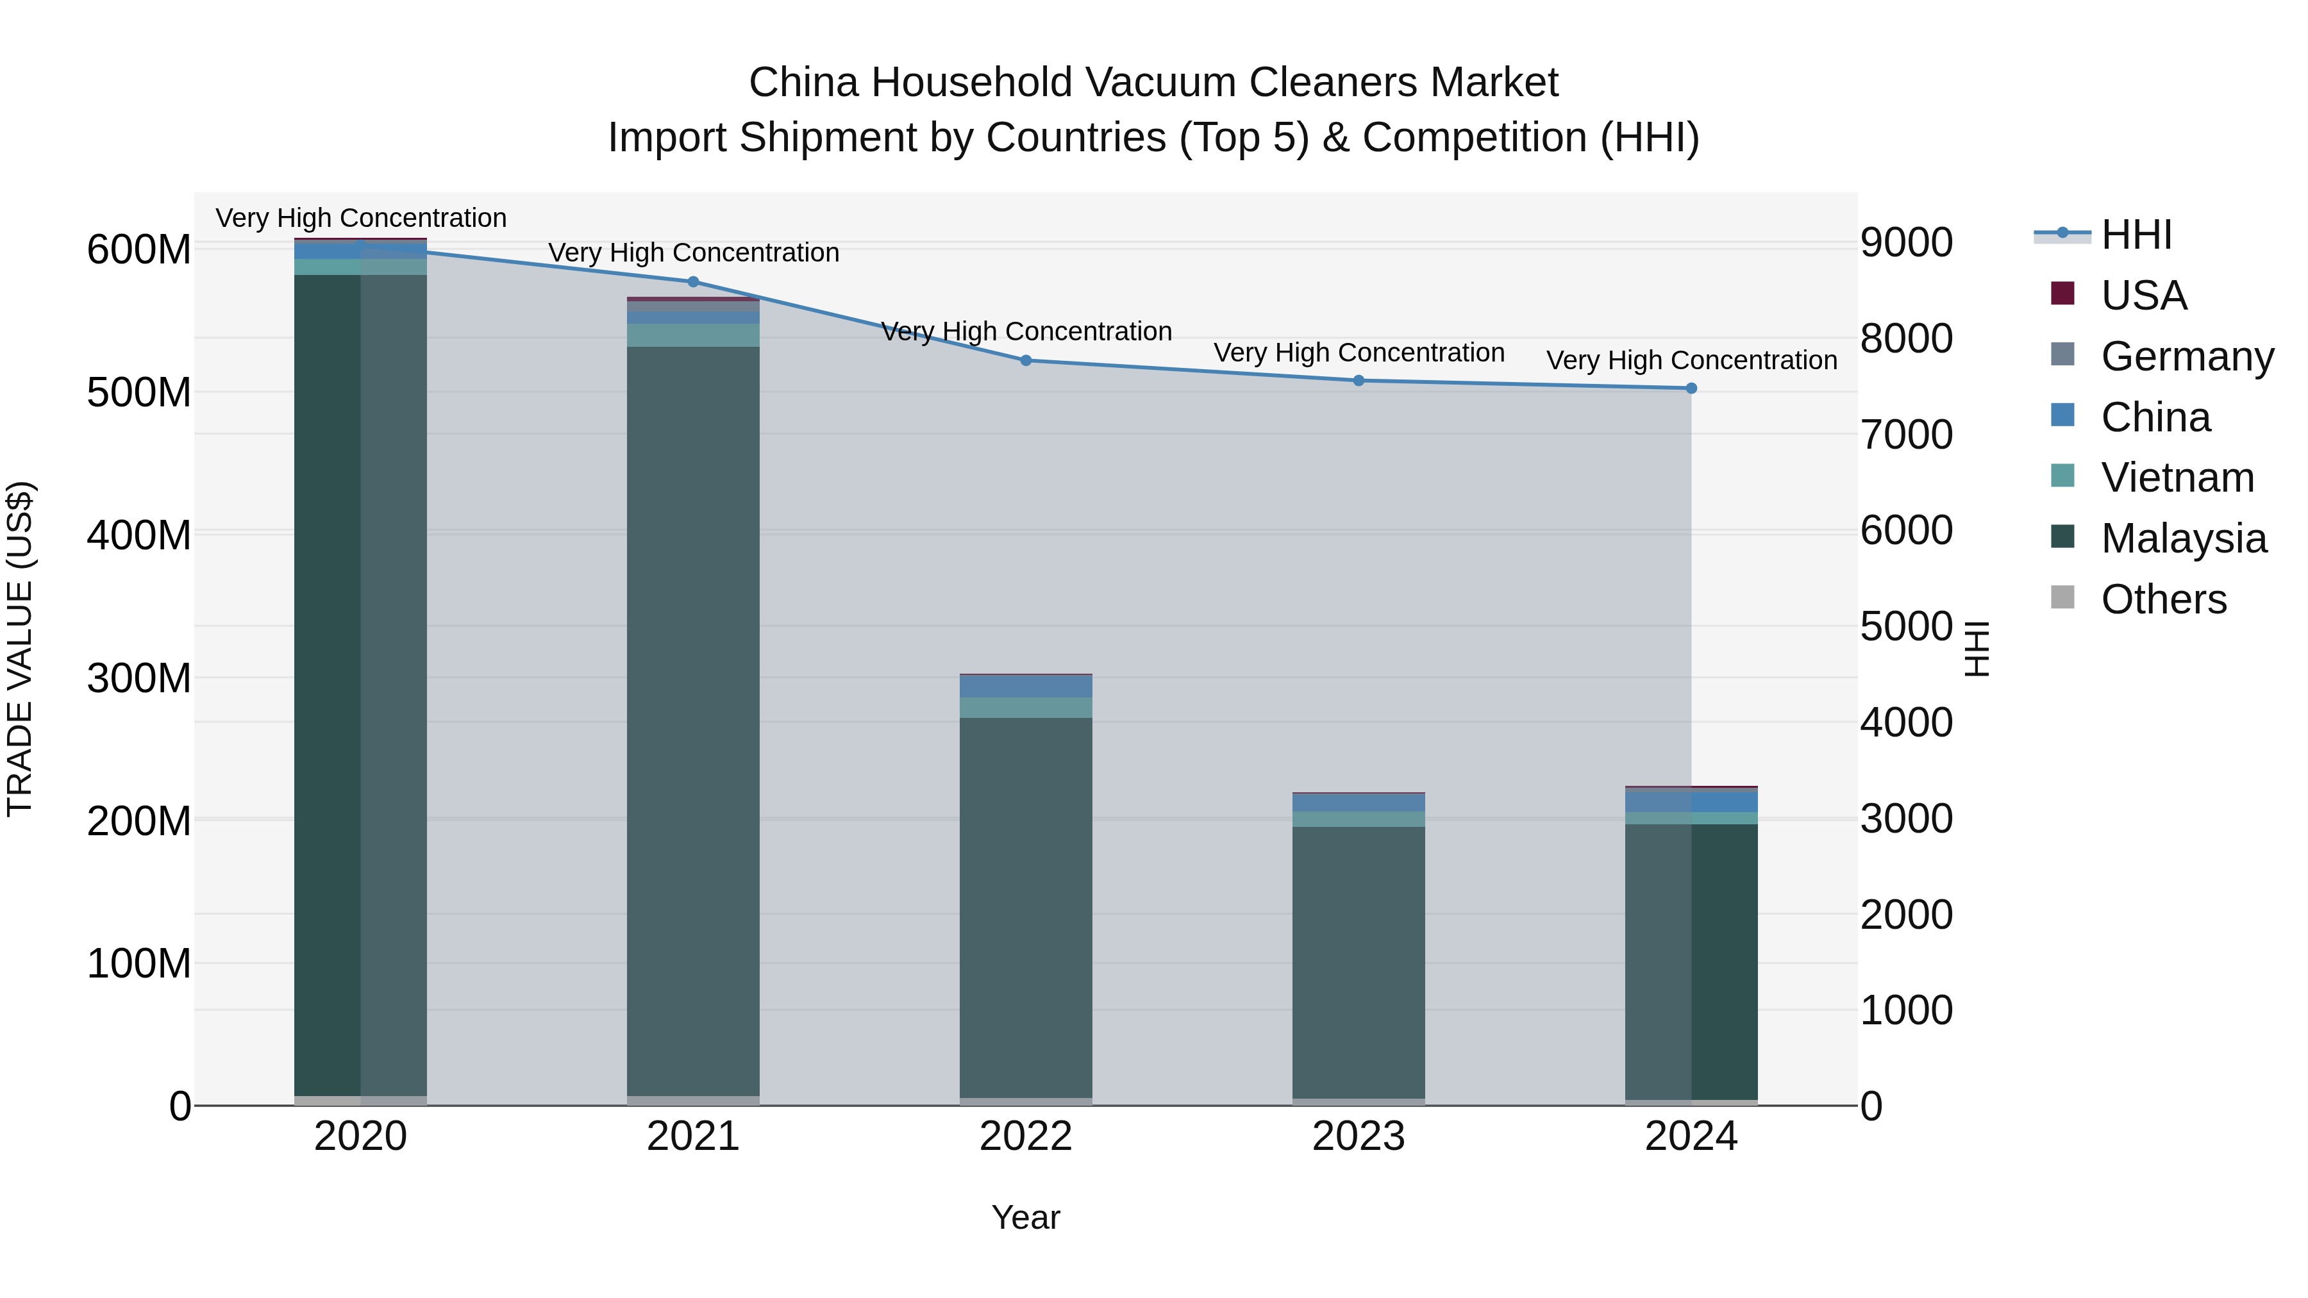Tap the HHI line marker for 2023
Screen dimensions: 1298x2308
tap(1359, 381)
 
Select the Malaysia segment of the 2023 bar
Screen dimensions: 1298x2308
tap(1359, 958)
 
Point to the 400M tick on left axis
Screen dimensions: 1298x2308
tap(139, 536)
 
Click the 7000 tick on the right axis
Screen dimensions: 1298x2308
tap(1906, 435)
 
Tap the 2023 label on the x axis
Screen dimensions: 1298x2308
tap(1359, 1136)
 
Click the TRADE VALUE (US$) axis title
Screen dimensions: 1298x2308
tap(20, 649)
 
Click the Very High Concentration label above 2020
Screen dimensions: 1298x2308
tap(361, 218)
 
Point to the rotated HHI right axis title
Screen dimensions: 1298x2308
tap(1977, 649)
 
